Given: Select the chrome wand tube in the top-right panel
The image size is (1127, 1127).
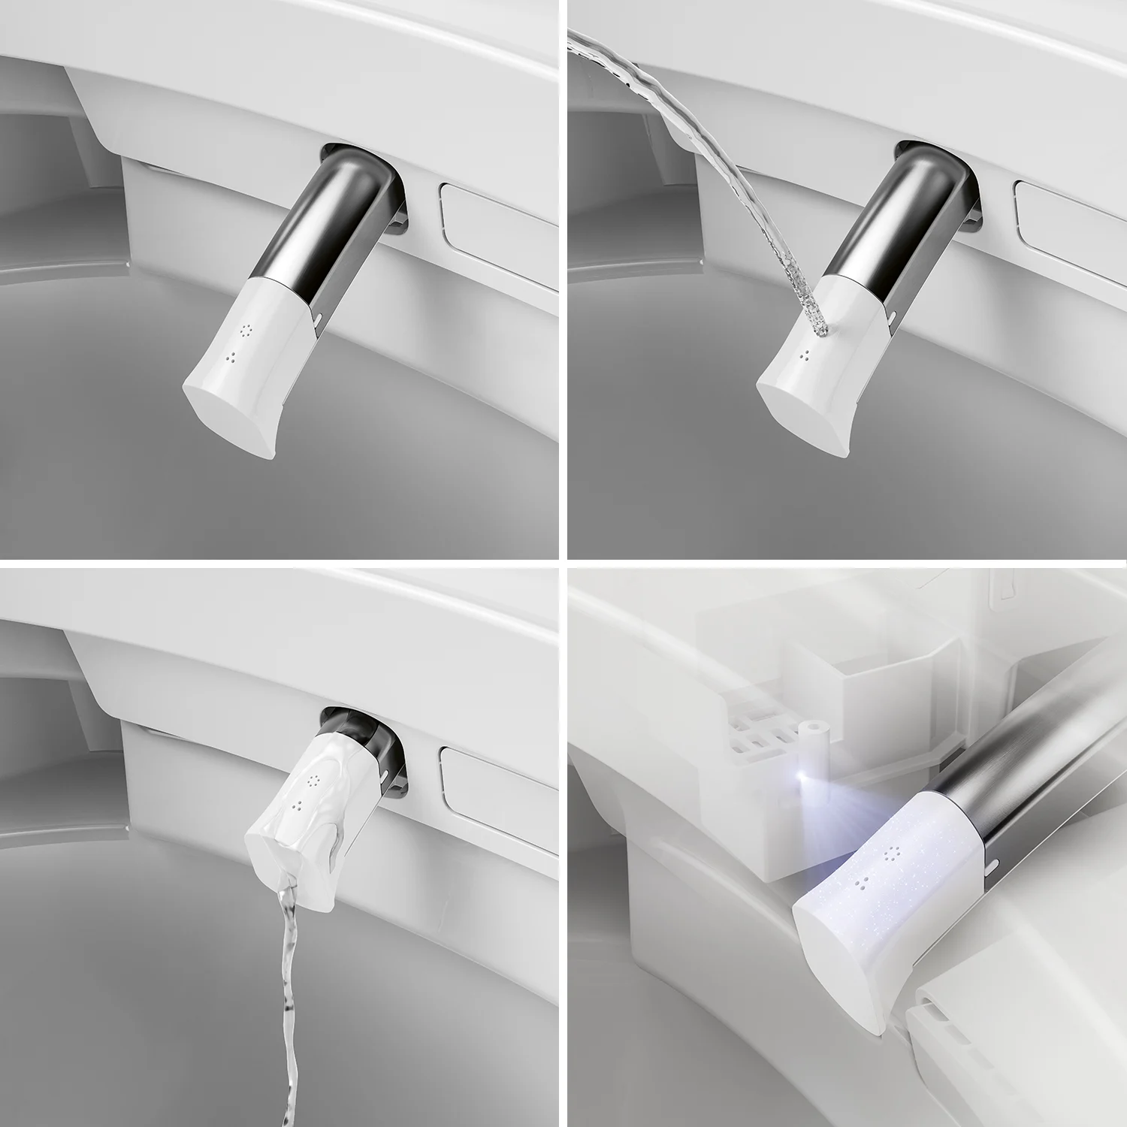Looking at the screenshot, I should coord(902,218).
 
